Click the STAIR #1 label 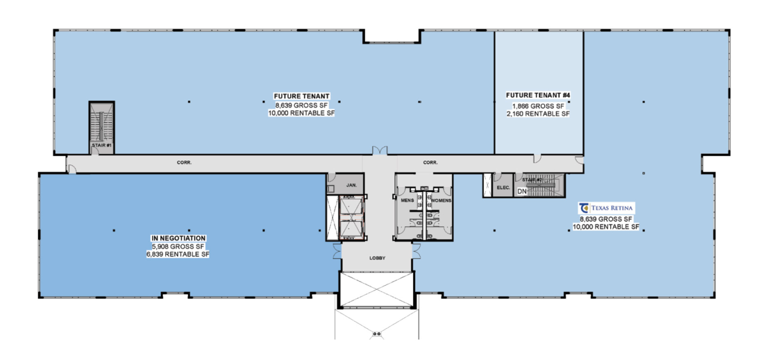102,145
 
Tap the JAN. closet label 351,186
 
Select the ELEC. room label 503,188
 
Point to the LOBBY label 377,258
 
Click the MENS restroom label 407,201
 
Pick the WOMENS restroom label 441,201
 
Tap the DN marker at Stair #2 522,191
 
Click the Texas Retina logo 606,208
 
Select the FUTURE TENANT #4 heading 538,95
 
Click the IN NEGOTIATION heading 179,238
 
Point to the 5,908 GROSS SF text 178,247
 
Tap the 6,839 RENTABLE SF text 178,254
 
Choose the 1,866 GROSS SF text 538,106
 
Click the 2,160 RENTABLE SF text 538,114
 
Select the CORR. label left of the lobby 184,162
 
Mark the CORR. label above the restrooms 430,162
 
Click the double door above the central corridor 380,150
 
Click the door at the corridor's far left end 72,169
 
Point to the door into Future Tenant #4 537,158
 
